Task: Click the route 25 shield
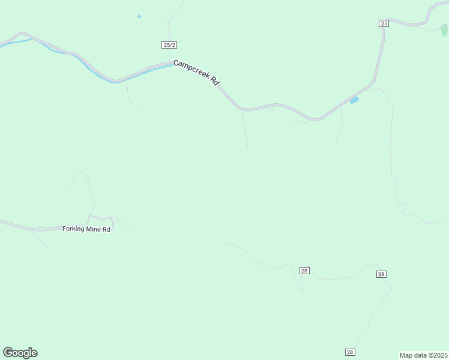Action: point(384,23)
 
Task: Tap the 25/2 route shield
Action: point(169,45)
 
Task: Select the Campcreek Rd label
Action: point(196,72)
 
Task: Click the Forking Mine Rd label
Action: point(86,229)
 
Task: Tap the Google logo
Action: point(20,353)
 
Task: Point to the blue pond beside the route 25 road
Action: point(354,100)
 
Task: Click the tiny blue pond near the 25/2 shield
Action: point(139,16)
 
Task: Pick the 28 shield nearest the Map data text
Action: point(351,352)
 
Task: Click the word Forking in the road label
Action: point(74,229)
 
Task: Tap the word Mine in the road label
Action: point(94,229)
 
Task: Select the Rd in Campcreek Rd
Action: point(214,81)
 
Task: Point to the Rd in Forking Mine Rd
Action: point(106,229)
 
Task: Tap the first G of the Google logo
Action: point(8,353)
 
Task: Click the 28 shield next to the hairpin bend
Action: point(304,271)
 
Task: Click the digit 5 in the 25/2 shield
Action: point(167,45)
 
